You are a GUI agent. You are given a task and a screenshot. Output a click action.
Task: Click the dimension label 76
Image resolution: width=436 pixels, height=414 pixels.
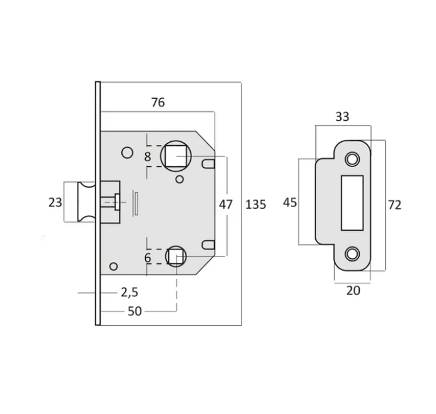(158, 103)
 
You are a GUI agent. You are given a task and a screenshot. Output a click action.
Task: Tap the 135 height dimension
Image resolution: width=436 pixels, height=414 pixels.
(256, 204)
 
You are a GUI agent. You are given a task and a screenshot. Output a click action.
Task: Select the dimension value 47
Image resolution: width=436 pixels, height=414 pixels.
(226, 204)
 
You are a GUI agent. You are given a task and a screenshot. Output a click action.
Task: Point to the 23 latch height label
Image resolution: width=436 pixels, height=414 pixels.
(55, 203)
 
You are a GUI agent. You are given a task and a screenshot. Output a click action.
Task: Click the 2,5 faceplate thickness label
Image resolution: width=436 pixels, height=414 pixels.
(129, 292)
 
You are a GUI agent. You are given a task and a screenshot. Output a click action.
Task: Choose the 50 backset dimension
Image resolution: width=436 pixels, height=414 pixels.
(135, 311)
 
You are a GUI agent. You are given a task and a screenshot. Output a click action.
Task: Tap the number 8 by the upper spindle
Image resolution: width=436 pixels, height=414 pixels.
(148, 157)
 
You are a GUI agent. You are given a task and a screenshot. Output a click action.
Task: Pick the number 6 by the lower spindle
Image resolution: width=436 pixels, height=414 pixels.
(148, 258)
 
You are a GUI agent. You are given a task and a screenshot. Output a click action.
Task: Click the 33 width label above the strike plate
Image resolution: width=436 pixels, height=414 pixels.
(342, 116)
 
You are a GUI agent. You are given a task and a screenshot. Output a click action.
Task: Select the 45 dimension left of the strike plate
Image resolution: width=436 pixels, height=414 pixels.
(290, 203)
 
